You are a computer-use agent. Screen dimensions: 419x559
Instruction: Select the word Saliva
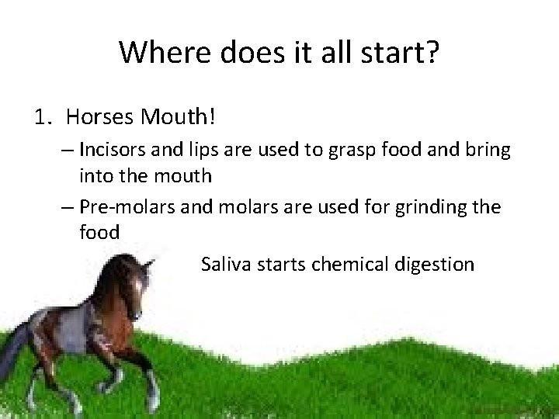[225, 265]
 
